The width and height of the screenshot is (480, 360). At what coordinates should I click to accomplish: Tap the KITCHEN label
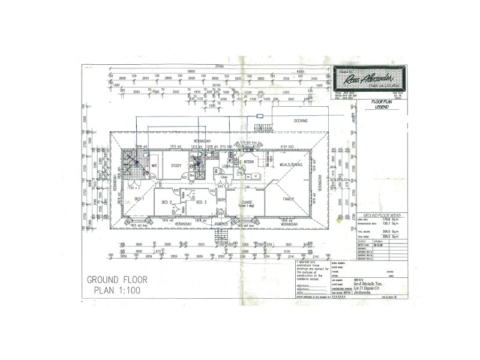[x=249, y=162]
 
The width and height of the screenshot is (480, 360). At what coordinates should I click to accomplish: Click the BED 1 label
[x=138, y=199]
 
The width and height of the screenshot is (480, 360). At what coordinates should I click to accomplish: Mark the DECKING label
[x=301, y=121]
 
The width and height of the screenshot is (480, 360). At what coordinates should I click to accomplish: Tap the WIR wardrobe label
[x=154, y=166]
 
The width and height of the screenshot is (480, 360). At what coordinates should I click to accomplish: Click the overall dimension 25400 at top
[x=220, y=65]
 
